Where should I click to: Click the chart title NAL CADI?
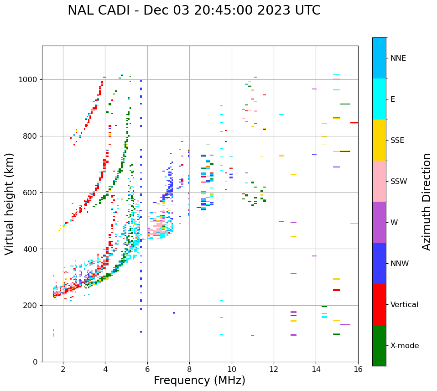pos(194,10)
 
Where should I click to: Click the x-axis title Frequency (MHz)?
pos(199,381)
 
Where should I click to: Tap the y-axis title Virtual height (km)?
pos(10,203)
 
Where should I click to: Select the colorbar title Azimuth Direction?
pos(427,202)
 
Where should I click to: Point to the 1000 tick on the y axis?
pos(29,80)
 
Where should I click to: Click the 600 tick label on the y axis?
pos(31,193)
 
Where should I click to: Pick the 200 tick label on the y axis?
pos(31,306)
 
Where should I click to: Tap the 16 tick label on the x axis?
pos(358,369)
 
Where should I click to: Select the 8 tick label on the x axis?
pos(189,369)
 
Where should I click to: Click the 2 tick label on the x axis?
pos(63,369)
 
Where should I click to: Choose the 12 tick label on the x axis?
pos(274,369)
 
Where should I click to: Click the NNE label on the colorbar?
pos(398,58)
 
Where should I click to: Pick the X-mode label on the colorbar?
pos(404,346)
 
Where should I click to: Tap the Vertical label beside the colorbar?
pos(404,305)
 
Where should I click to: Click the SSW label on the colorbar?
pos(399,182)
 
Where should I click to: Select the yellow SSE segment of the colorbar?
pos(379,140)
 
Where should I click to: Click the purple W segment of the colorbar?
pos(379,222)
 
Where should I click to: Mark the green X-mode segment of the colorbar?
pos(379,345)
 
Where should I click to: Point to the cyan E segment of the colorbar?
pos(379,99)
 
